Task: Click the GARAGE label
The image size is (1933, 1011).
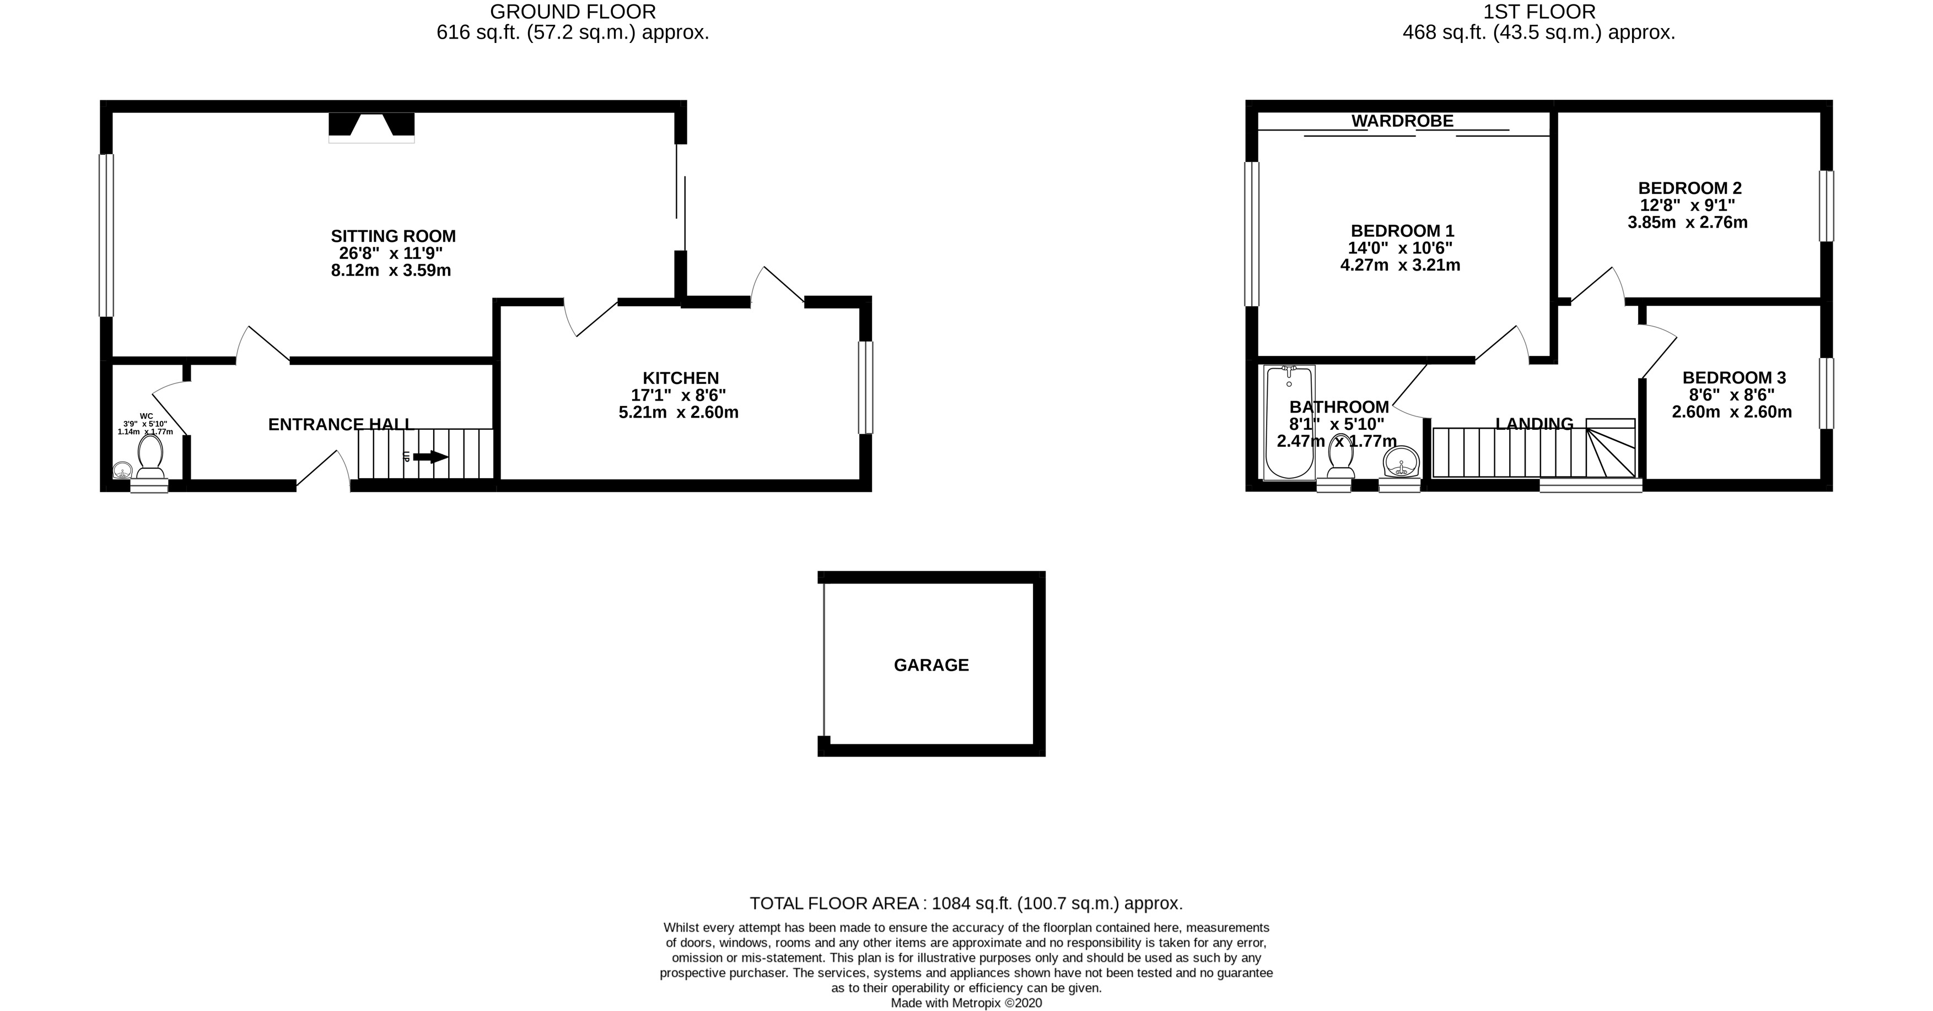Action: click(930, 665)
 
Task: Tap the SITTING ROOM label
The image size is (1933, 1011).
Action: click(393, 236)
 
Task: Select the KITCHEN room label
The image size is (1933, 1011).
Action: click(680, 378)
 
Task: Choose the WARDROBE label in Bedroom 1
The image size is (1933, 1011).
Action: click(1402, 121)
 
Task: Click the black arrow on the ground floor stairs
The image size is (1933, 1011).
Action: click(430, 456)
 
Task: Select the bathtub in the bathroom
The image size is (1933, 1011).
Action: click(1289, 421)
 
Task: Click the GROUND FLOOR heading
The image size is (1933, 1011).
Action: click(573, 12)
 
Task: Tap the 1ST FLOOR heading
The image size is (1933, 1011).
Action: click(1538, 12)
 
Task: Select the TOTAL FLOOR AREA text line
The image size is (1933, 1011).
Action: click(966, 903)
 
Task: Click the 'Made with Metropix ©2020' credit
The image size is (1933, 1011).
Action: click(966, 1003)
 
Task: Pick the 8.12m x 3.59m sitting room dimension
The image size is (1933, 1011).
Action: click(391, 271)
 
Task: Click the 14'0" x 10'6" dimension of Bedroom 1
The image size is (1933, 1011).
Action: click(1400, 248)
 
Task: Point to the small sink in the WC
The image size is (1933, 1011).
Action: click(122, 471)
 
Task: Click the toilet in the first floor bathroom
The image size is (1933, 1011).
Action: click(1340, 457)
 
